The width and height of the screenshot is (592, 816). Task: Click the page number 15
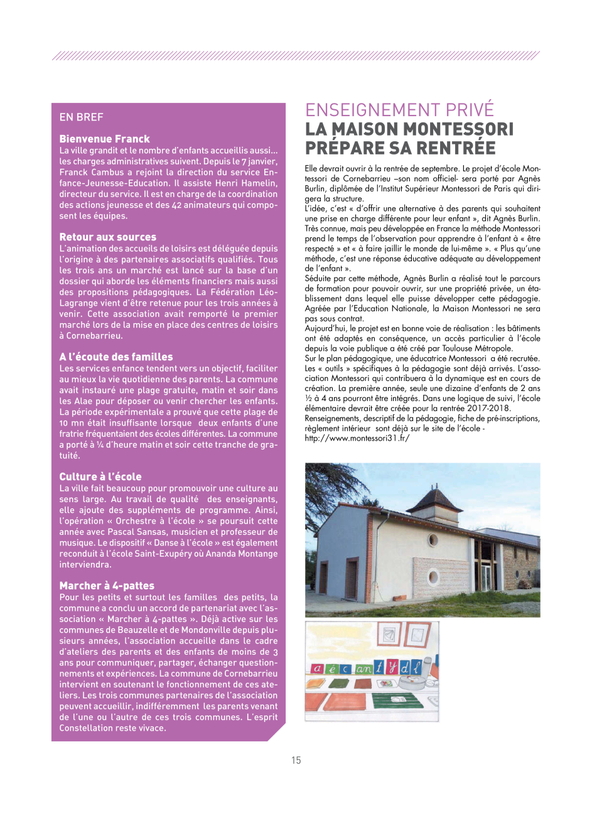pyautogui.click(x=296, y=760)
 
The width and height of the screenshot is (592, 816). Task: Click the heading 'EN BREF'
pyautogui.click(x=81, y=117)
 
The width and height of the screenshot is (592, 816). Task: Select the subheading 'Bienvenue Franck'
pyautogui.click(x=104, y=139)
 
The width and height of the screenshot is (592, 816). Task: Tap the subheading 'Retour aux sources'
pyautogui.click(x=107, y=237)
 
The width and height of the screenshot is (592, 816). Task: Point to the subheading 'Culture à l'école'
pyautogui.click(x=100, y=476)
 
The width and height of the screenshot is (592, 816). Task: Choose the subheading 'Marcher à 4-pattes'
pyautogui.click(x=107, y=586)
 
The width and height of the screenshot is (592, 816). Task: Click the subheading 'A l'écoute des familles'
pyautogui.click(x=116, y=357)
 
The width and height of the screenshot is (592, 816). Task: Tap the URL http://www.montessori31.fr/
pyautogui.click(x=357, y=438)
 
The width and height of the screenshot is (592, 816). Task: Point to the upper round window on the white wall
pyautogui.click(x=433, y=540)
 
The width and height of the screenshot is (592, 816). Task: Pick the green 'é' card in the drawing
pyautogui.click(x=332, y=669)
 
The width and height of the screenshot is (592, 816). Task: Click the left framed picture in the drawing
pyautogui.click(x=388, y=635)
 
